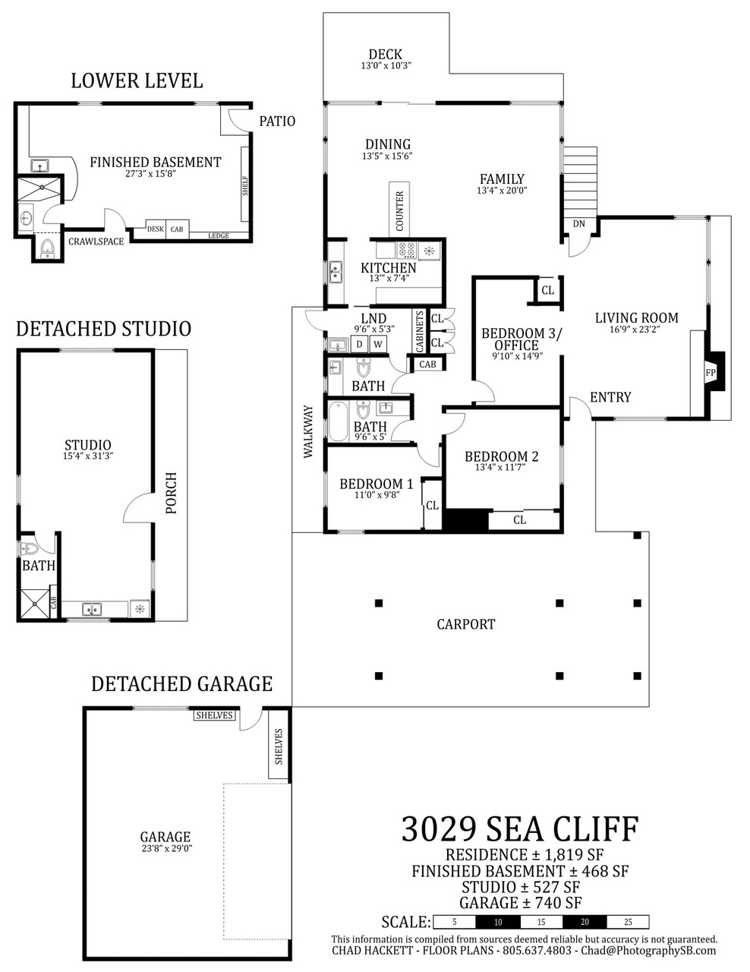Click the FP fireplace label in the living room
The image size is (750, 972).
(x=711, y=372)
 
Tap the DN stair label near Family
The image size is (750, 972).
(x=578, y=224)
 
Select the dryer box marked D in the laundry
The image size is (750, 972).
(x=359, y=345)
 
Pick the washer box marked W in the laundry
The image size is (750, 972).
(x=378, y=345)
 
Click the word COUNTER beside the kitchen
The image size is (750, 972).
(x=399, y=211)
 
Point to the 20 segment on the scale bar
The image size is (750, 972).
(x=585, y=922)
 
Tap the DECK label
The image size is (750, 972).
(x=386, y=55)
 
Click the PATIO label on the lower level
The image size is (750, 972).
(x=277, y=121)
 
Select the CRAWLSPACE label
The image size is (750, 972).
(x=96, y=241)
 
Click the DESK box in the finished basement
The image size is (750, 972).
(x=156, y=229)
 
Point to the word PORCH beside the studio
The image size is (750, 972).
(x=172, y=493)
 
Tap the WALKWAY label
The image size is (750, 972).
(x=308, y=431)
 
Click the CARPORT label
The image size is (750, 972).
(x=466, y=624)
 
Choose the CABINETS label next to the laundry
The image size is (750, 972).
(x=420, y=331)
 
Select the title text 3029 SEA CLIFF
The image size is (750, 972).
(x=520, y=829)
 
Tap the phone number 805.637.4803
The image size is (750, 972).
(x=537, y=950)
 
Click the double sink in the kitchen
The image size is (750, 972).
(x=336, y=272)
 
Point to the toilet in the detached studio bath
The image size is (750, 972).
(x=29, y=548)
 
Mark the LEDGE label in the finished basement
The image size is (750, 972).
(x=219, y=235)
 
